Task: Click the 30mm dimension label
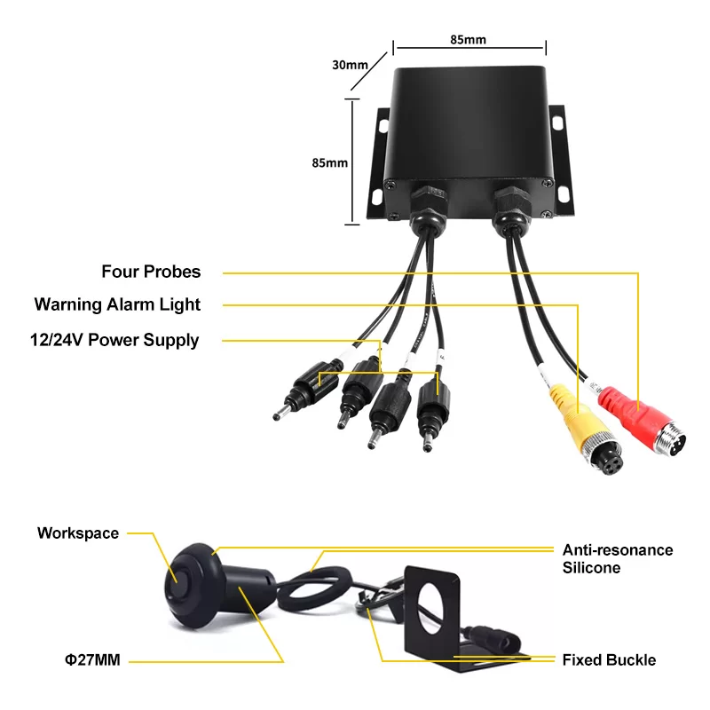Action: click(350, 65)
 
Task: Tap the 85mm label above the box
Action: click(468, 40)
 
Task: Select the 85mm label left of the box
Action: click(329, 163)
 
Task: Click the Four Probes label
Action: click(151, 272)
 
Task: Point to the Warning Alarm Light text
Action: click(117, 304)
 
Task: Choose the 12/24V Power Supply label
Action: click(114, 340)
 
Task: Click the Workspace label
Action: click(78, 533)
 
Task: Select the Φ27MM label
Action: click(93, 660)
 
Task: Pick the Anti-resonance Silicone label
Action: click(618, 559)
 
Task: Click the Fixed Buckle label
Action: click(609, 660)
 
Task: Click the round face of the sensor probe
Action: click(179, 584)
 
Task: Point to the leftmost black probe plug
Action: click(309, 389)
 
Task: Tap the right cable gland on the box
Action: click(512, 209)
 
